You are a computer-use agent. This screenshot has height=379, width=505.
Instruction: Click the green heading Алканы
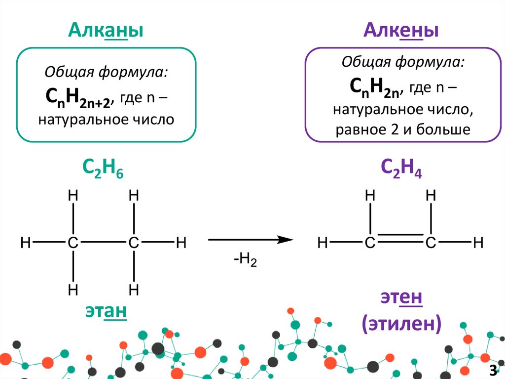tap(106, 31)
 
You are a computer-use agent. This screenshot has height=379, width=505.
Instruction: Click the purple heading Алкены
tap(401, 31)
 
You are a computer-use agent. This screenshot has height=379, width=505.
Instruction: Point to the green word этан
tap(106, 311)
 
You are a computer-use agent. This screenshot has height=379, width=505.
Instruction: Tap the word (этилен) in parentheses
tap(401, 324)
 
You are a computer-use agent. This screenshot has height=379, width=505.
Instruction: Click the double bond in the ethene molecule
tap(400, 240)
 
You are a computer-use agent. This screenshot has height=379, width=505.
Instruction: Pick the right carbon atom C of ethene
tap(431, 243)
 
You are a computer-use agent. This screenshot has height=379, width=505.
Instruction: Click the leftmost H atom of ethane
tap(26, 243)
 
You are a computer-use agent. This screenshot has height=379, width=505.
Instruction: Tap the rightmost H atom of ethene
tap(477, 243)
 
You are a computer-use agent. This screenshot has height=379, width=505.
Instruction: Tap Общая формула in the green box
tap(106, 73)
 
